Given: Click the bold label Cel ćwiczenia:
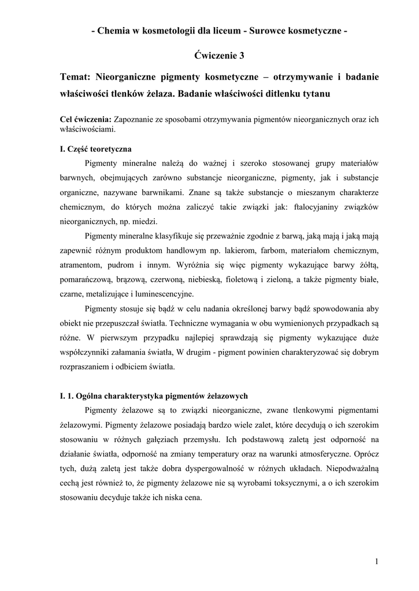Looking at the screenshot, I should pyautogui.click(x=86, y=119).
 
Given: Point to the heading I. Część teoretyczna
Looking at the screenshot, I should pyautogui.click(x=96, y=149).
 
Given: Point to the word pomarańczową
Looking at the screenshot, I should pyautogui.click(x=86, y=281).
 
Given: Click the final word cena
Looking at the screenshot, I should pyautogui.click(x=191, y=499).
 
